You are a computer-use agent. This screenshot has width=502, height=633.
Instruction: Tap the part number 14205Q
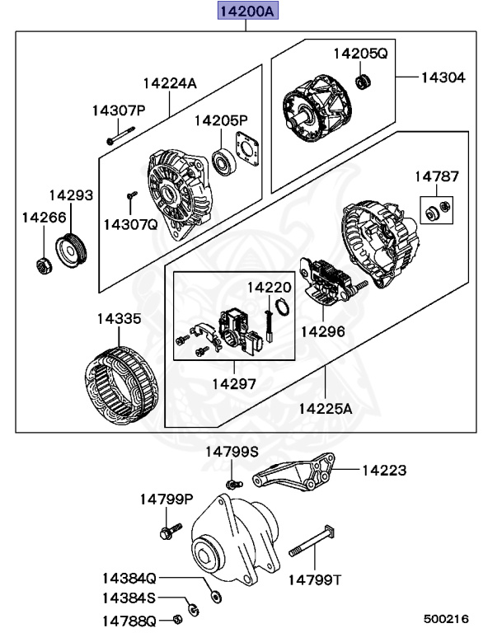[x=359, y=54]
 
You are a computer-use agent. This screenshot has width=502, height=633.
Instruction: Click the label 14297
[x=234, y=384]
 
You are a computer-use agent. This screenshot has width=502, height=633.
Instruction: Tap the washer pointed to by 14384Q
[x=216, y=594]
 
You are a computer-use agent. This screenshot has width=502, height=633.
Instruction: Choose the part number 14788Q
[x=129, y=619]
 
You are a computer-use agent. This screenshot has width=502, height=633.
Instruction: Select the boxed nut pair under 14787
[x=436, y=209]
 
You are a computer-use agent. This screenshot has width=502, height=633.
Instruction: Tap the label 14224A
[x=170, y=82]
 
